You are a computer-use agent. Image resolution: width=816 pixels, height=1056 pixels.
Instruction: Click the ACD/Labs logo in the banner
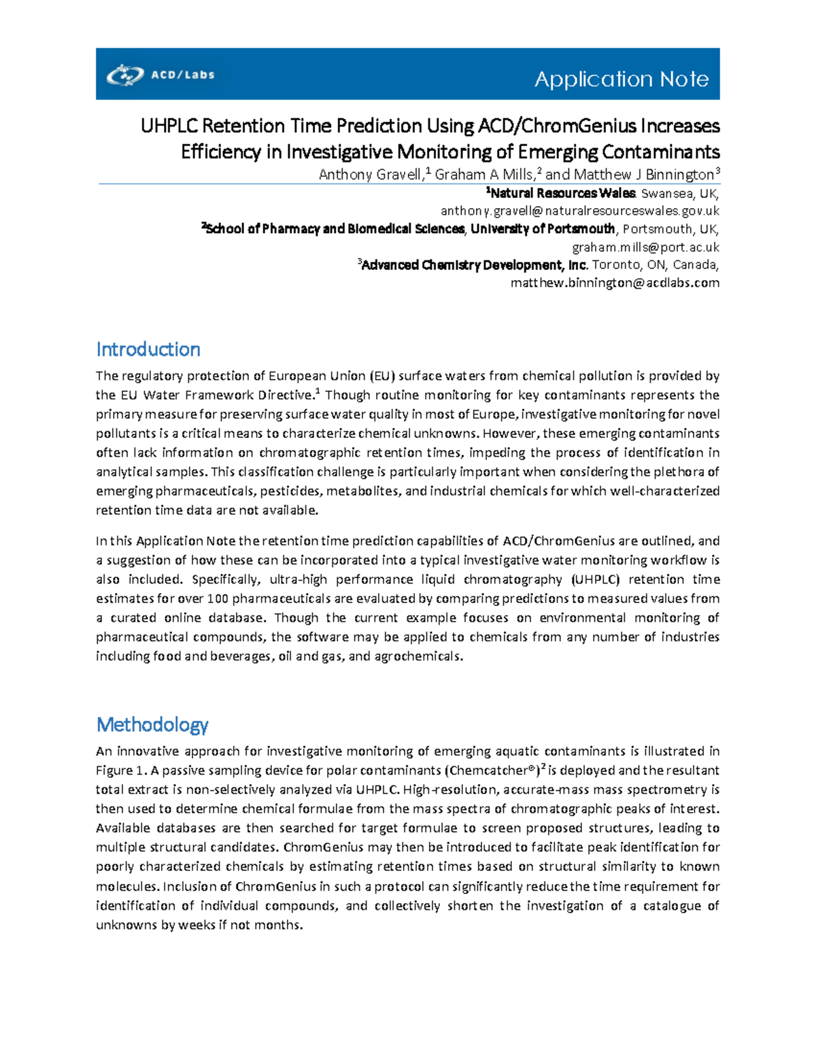(160, 74)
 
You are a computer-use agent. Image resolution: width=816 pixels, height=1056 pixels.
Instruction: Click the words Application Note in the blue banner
(622, 80)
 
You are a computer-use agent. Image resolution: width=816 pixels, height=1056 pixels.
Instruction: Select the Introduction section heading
(148, 350)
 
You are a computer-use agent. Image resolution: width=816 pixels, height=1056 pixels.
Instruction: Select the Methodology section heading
(152, 725)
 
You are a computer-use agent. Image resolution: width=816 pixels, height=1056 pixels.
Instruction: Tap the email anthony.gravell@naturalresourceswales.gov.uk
(579, 211)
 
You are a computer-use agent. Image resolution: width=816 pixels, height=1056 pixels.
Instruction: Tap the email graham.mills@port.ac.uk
(645, 248)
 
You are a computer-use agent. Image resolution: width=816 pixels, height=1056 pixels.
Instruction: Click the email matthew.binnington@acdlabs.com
(615, 283)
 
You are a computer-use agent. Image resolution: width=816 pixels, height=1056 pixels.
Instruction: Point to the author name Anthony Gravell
(371, 175)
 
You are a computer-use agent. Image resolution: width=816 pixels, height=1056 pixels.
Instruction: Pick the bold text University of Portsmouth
(543, 229)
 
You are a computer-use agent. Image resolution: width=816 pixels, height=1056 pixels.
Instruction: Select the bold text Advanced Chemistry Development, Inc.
(475, 265)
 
